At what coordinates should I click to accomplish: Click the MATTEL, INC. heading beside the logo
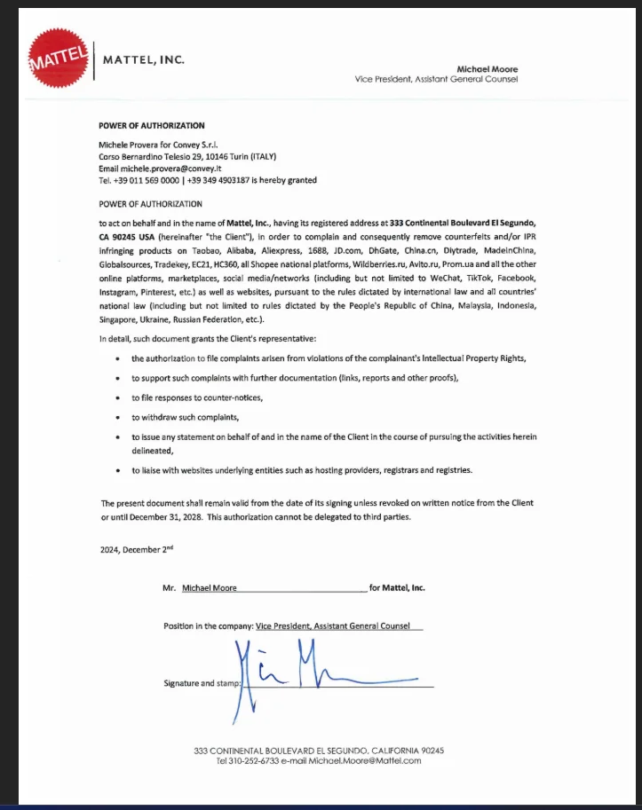145,60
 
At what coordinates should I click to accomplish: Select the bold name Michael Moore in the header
487,68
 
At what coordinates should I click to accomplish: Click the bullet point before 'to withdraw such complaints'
119,417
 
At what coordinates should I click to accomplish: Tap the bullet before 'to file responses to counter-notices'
119,397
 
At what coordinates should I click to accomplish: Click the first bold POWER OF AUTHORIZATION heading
151,126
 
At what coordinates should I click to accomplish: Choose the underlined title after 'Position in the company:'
333,625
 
